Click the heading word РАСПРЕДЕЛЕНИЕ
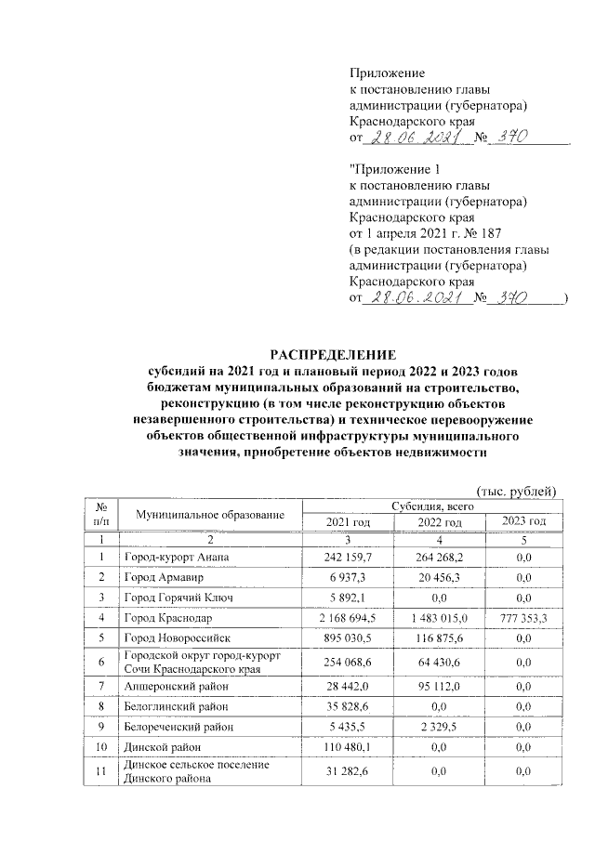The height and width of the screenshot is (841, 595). tap(332, 355)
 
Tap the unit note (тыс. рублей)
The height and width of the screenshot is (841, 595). tap(516, 491)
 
